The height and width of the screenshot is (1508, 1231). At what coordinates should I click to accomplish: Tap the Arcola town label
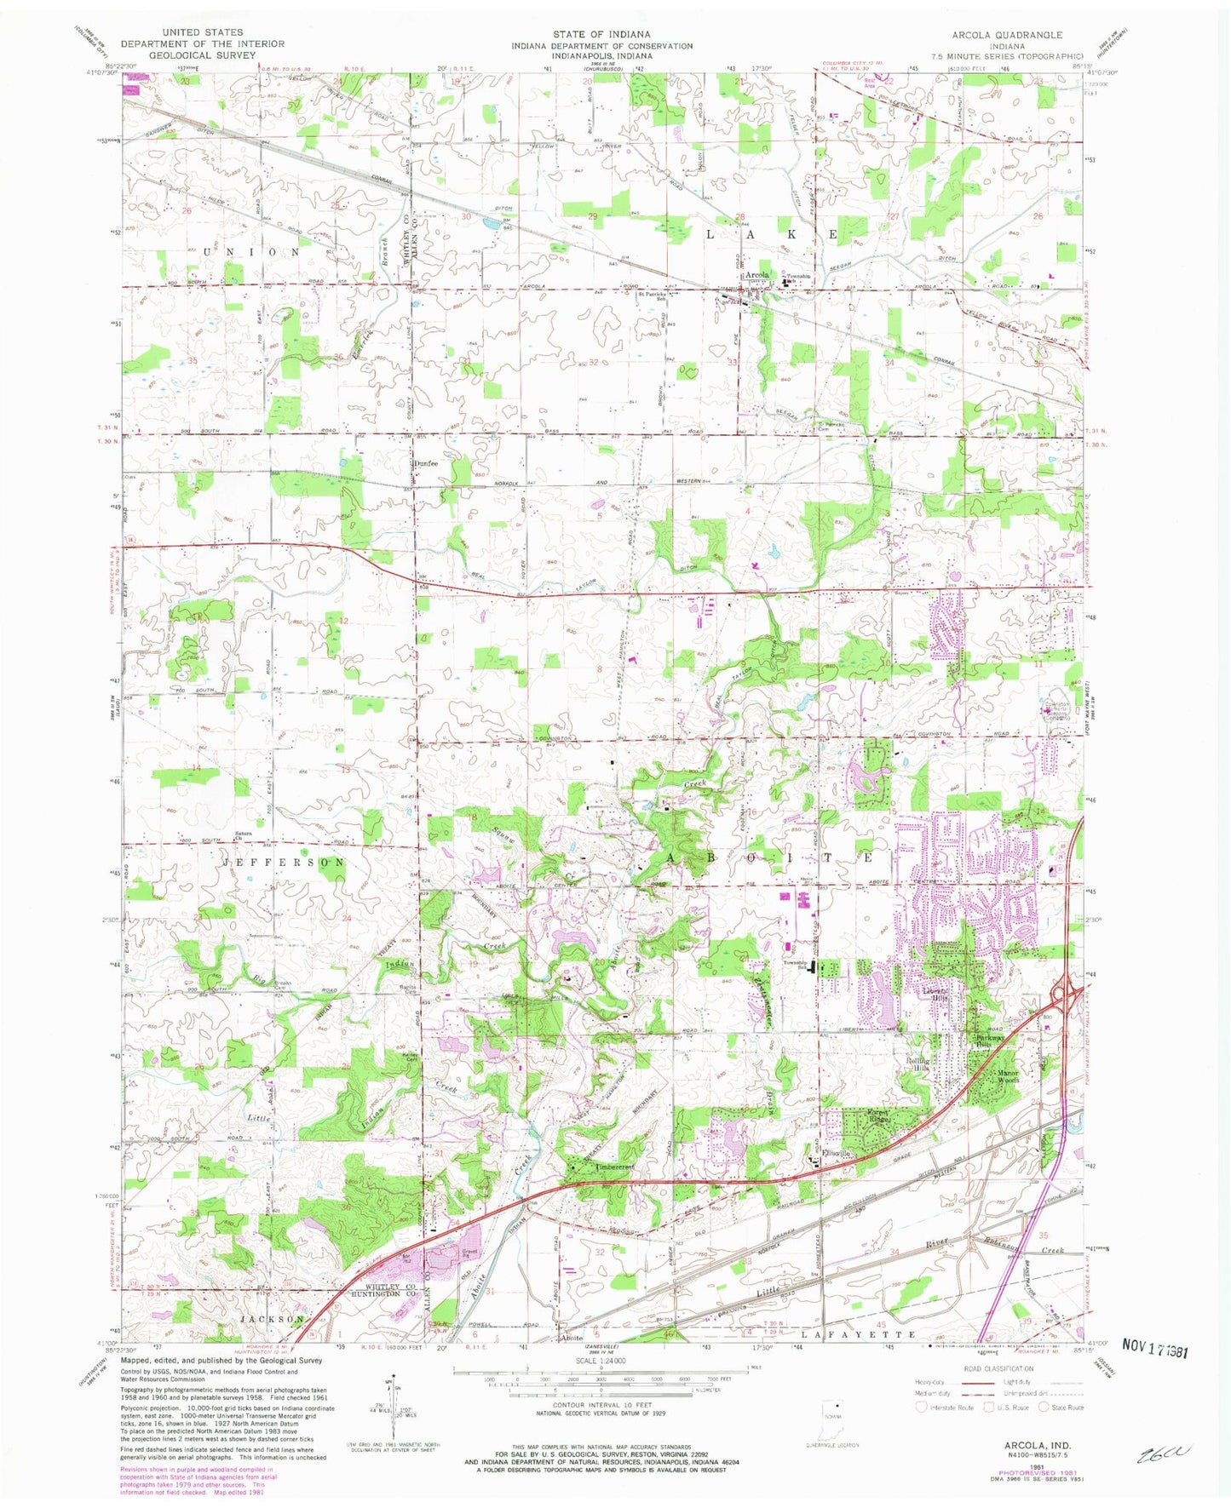coord(756,275)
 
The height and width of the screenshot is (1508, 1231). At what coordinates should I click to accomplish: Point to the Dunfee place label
coord(424,462)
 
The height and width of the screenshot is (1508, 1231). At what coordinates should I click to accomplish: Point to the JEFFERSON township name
coord(285,863)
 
